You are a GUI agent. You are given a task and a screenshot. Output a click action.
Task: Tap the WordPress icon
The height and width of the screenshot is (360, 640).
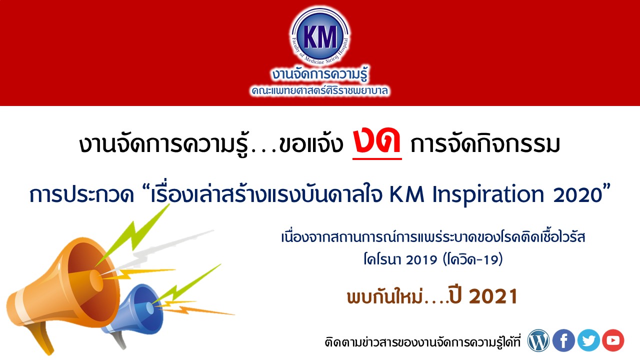coord(538,340)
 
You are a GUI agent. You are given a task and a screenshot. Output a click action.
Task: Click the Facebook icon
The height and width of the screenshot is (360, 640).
coord(563,340)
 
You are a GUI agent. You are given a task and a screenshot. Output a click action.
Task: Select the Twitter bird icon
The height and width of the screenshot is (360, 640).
coord(588,340)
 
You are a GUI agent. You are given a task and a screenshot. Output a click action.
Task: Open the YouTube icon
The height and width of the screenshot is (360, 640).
coord(613,340)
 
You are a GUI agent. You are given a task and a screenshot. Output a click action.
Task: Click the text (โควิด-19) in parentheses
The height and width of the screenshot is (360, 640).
coord(472,259)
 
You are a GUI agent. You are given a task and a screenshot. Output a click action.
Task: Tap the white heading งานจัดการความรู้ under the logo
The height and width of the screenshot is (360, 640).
coord(319,74)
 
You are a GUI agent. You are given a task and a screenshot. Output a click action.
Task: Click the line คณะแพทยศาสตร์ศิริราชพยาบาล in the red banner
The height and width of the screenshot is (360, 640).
coord(319,91)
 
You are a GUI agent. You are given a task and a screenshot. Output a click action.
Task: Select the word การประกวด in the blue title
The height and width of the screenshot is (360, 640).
coord(81,195)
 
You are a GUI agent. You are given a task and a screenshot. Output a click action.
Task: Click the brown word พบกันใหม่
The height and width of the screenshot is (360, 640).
coord(384,296)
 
